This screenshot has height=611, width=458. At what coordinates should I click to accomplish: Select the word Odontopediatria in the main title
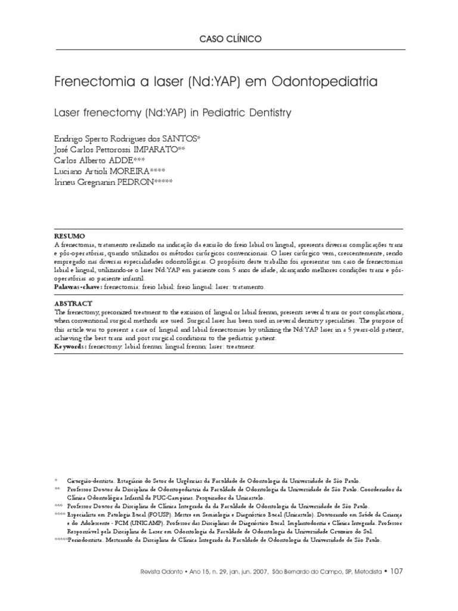pyautogui.click(x=324, y=81)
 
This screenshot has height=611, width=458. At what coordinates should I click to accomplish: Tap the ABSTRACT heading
pyautogui.click(x=73, y=303)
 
